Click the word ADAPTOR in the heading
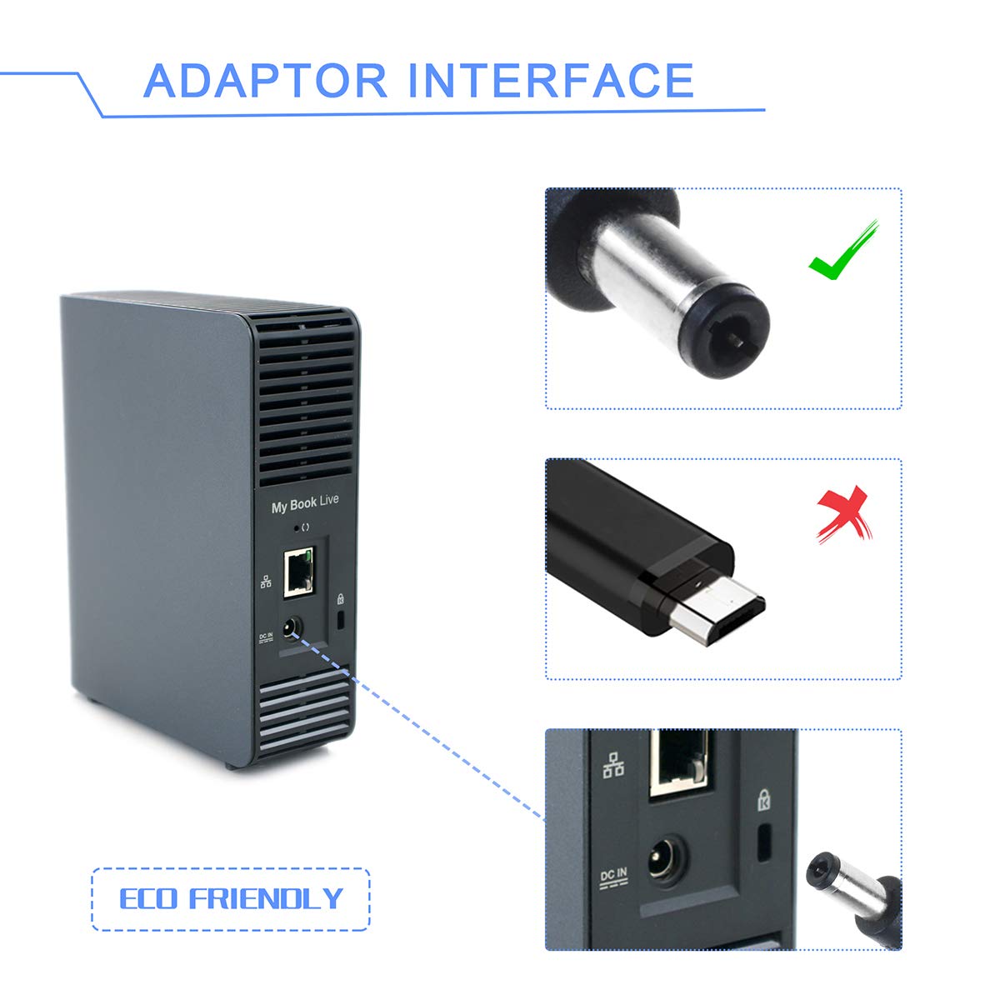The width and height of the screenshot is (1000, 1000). [265, 81]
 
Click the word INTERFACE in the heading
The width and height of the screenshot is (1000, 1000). [551, 81]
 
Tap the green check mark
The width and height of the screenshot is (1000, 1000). [843, 251]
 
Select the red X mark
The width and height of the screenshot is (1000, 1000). [844, 514]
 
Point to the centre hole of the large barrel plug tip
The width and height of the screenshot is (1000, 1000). [737, 340]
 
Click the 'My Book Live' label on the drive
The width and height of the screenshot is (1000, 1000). [305, 503]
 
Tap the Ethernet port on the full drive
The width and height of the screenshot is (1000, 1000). [298, 572]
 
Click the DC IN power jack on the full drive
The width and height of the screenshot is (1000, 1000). [292, 629]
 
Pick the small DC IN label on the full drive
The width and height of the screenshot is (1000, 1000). [266, 637]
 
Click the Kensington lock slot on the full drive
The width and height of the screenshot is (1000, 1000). [341, 620]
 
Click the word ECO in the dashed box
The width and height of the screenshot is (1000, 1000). [148, 898]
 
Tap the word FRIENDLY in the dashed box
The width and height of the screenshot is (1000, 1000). [266, 898]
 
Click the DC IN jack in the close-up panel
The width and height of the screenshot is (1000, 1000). [667, 862]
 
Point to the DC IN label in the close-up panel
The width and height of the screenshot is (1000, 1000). [613, 877]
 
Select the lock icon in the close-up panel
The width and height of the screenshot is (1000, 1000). [763, 800]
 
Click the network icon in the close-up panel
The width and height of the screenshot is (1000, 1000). [613, 765]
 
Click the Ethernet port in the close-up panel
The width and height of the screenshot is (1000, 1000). [680, 762]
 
